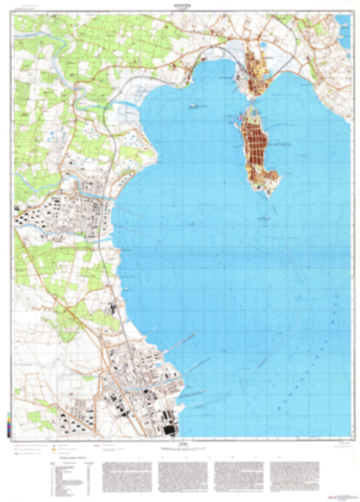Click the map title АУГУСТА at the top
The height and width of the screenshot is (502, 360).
tap(180, 5)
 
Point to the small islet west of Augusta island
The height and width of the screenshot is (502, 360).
tap(195, 106)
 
